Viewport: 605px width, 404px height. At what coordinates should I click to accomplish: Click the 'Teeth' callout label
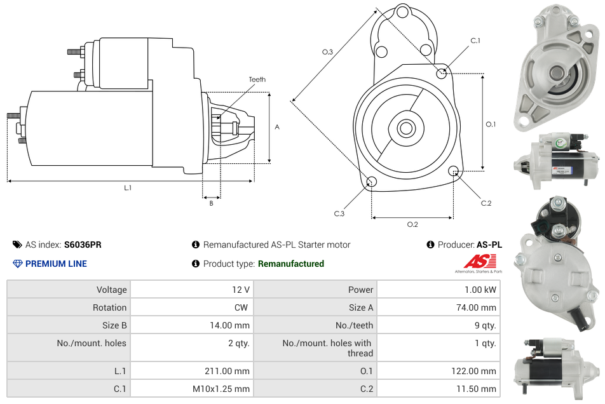pyautogui.click(x=257, y=79)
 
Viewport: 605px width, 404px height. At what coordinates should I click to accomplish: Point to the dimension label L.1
pyautogui.click(x=128, y=187)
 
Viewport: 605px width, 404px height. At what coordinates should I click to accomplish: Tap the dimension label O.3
pyautogui.click(x=328, y=52)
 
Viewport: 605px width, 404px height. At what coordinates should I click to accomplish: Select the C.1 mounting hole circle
pyautogui.click(x=442, y=74)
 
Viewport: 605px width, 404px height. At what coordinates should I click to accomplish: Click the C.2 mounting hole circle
pyautogui.click(x=454, y=171)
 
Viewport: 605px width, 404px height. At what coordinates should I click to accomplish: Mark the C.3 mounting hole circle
pyautogui.click(x=372, y=183)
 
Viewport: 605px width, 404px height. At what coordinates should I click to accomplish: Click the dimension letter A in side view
pyautogui.click(x=277, y=127)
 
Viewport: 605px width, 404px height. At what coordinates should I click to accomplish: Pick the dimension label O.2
pyautogui.click(x=412, y=224)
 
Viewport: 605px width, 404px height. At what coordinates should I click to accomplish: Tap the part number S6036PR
pyautogui.click(x=83, y=245)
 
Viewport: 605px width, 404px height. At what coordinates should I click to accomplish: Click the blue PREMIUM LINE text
pyautogui.click(x=56, y=264)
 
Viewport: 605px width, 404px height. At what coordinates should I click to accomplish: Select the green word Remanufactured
pyautogui.click(x=291, y=264)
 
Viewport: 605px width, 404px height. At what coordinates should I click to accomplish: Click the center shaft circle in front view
pyautogui.click(x=405, y=128)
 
